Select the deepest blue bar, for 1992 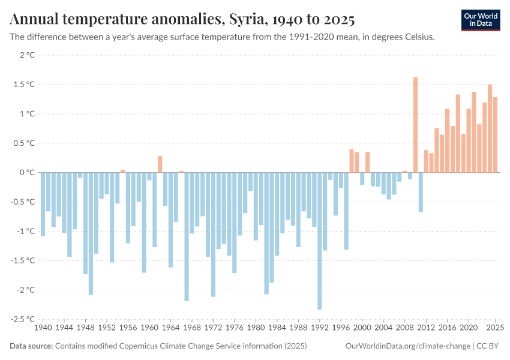320,241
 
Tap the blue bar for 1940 43,204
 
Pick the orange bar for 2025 495,135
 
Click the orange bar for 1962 160,164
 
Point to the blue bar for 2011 421,192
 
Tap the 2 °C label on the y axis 27,55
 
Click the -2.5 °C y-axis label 23,319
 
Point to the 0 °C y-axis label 27,173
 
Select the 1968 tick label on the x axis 192,329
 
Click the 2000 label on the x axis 362,329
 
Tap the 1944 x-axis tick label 64,329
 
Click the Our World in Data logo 481,20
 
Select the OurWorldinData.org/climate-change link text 407,346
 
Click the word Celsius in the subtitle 418,37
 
